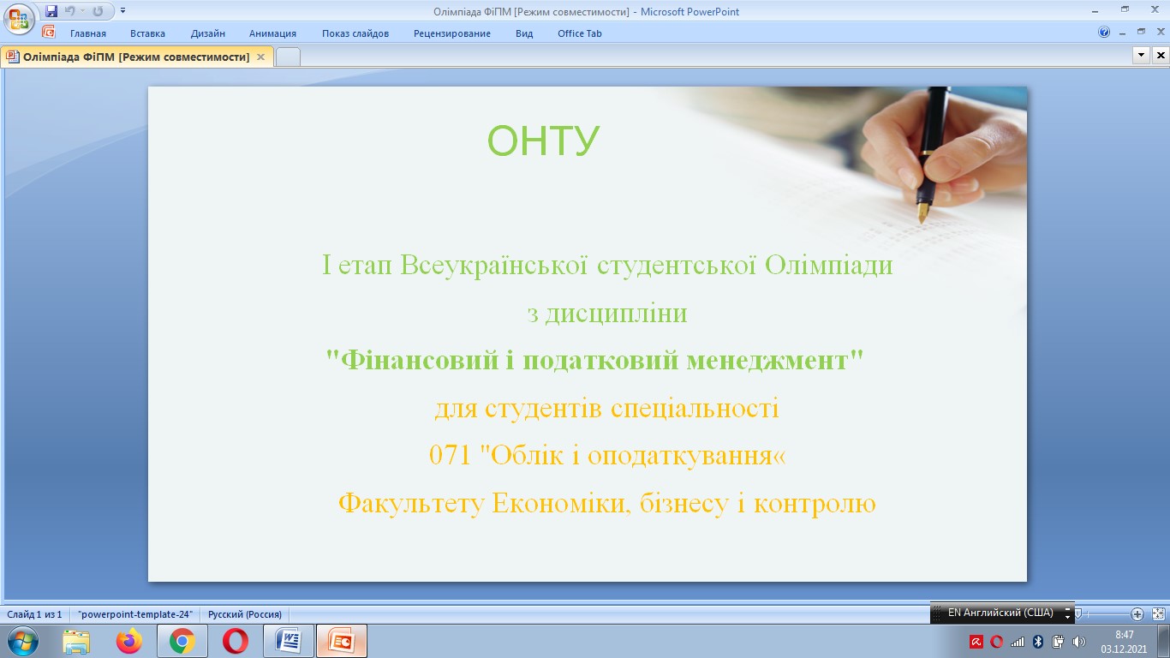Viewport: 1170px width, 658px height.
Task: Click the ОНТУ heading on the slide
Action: click(x=543, y=141)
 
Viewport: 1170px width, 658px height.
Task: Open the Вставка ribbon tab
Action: click(x=147, y=33)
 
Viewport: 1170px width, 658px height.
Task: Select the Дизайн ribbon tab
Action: click(x=207, y=33)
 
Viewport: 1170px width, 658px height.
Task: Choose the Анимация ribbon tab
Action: click(x=272, y=33)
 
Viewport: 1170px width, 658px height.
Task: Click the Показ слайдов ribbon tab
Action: click(x=355, y=33)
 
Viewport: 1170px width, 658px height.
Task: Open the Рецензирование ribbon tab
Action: click(x=451, y=33)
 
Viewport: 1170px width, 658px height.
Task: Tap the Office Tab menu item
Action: click(x=580, y=33)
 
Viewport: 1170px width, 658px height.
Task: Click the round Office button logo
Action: click(x=19, y=19)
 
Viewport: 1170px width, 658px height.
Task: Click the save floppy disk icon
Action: click(x=51, y=10)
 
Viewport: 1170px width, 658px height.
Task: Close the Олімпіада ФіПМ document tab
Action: click(x=260, y=57)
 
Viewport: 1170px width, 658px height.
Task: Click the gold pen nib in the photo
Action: click(x=922, y=212)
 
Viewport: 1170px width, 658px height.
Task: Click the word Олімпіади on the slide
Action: click(x=829, y=265)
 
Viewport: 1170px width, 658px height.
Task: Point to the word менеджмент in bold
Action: click(x=767, y=361)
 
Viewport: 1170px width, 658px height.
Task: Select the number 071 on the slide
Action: click(x=450, y=455)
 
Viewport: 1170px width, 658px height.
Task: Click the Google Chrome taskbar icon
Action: click(x=182, y=641)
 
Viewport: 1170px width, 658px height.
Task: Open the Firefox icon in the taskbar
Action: click(x=129, y=641)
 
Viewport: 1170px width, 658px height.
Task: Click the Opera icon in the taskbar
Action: click(x=235, y=641)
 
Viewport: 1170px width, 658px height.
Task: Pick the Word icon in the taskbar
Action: click(x=289, y=641)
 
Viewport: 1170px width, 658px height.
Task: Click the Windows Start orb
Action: click(x=23, y=641)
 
